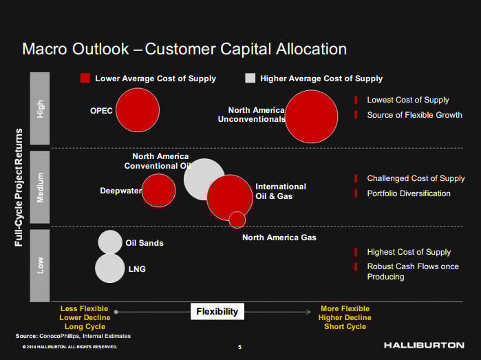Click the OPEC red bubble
coord(138,110)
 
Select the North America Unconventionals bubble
coord(312,116)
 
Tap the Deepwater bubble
coord(159,190)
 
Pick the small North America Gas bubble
coord(237,220)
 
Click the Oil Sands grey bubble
coord(110,242)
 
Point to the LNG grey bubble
coord(109,268)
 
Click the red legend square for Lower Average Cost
coord(85,78)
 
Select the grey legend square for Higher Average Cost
coord(250,78)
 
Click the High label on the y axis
coord(40,109)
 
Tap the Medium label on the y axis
coord(40,187)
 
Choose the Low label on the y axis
coord(40,265)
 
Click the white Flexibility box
coord(217,311)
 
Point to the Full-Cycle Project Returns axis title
coord(19,187)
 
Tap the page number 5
coord(239,346)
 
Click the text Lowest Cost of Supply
coord(407,100)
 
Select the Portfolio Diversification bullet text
coord(409,193)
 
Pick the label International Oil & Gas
coord(281,191)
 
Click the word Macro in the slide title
coord(47,49)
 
